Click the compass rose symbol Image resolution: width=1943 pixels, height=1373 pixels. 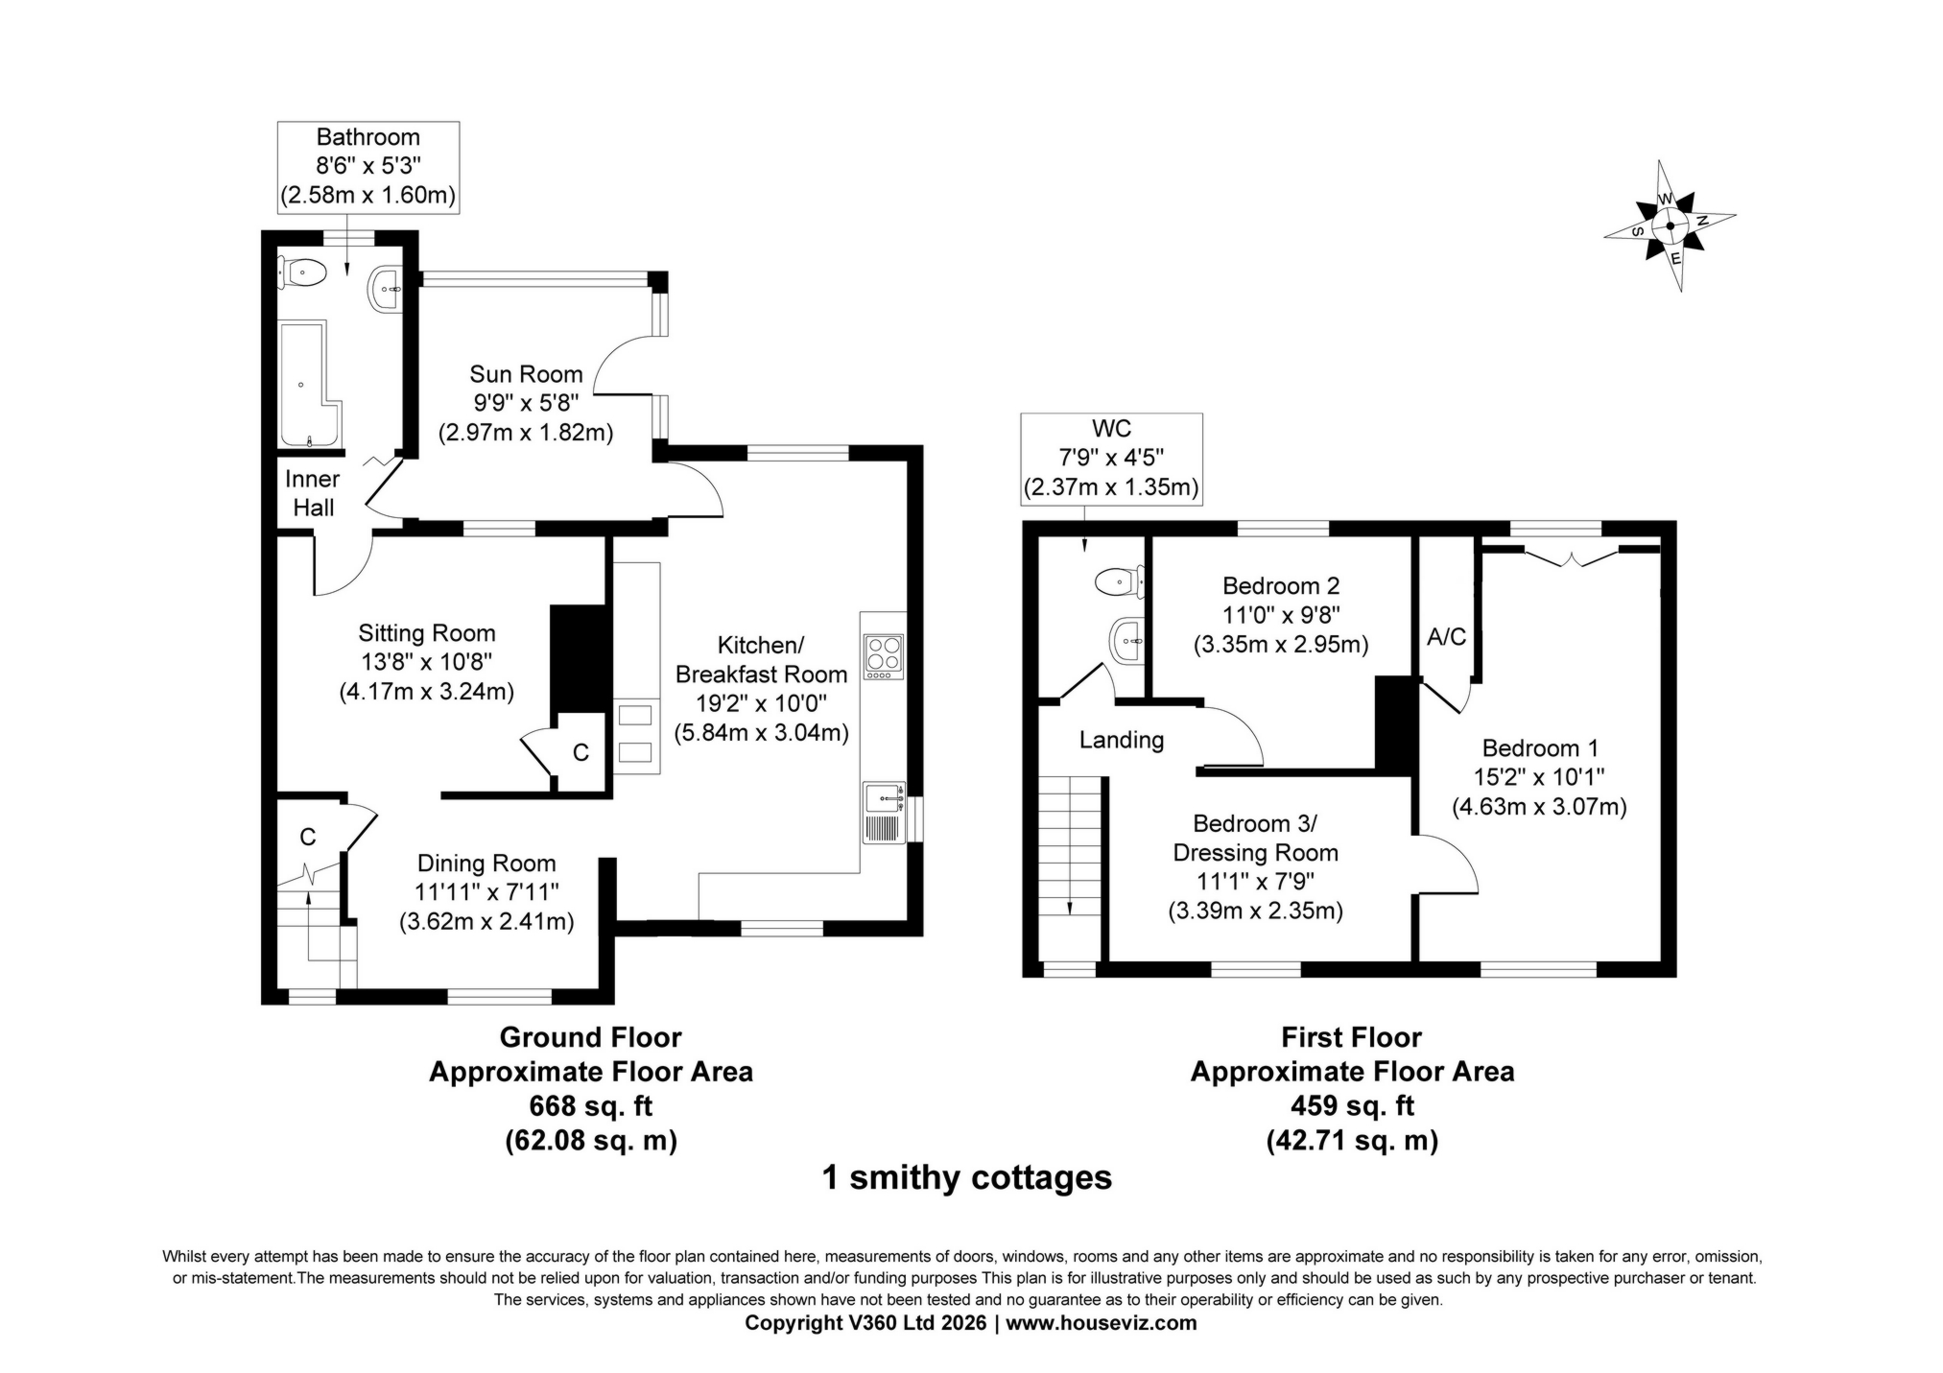point(1670,226)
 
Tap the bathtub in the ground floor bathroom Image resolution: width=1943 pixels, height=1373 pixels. point(307,384)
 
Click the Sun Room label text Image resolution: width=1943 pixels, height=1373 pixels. point(526,374)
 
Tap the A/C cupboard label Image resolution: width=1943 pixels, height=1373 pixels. point(1446,636)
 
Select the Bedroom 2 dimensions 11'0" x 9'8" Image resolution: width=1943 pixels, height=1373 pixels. point(1280,615)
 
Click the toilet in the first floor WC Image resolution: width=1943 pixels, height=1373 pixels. point(1119,580)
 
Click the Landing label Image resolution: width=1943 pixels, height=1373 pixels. point(1121,740)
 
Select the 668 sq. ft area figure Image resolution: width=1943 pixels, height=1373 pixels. point(590,1106)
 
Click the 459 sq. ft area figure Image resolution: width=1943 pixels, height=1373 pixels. point(1352,1106)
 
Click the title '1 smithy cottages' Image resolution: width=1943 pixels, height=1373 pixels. point(966,1177)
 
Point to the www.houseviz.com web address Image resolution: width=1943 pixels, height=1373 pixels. point(1101,1323)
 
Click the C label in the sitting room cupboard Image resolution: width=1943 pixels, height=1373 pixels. point(581,753)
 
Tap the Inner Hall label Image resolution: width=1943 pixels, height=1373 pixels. point(313,493)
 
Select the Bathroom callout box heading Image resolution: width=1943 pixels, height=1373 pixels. point(368,137)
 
